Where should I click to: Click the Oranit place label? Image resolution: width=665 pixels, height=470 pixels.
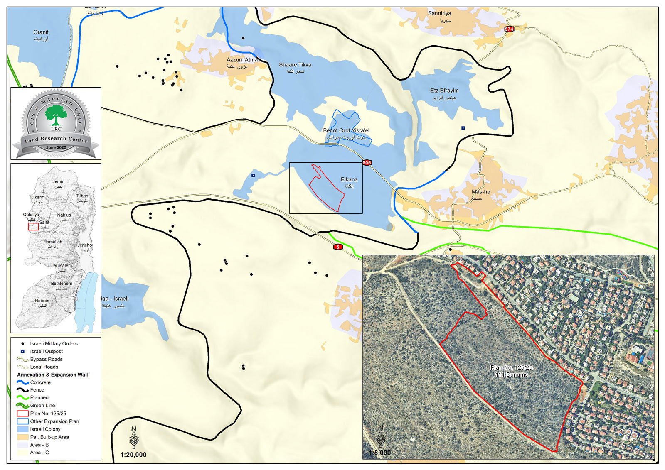[41, 32]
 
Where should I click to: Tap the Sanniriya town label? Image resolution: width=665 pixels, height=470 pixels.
[439, 13]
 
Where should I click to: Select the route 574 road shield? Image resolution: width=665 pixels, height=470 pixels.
[509, 29]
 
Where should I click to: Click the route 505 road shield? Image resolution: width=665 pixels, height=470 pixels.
[367, 163]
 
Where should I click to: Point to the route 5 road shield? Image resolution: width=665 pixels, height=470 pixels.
[338, 247]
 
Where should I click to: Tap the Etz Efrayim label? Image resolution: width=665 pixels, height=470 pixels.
[444, 91]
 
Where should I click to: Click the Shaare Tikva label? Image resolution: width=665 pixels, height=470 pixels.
[295, 65]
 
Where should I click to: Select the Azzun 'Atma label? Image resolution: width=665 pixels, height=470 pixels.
[242, 60]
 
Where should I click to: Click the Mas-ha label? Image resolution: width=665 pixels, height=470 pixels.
[481, 192]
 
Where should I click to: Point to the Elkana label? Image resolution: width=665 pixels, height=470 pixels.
[349, 180]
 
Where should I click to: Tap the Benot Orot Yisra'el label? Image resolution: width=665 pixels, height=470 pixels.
[346, 130]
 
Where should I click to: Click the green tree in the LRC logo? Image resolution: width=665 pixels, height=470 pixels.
[56, 115]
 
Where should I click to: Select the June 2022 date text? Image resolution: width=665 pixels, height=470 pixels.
[56, 147]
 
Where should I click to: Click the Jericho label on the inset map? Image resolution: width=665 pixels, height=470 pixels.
[85, 245]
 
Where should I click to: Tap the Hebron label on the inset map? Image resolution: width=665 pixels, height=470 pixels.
[42, 301]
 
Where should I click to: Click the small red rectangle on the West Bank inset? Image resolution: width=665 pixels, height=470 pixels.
[33, 227]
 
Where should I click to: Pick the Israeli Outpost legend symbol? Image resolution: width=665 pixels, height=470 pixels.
[22, 351]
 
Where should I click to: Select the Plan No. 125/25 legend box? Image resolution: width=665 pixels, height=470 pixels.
[22, 414]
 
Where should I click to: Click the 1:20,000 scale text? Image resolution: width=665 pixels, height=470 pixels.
[133, 455]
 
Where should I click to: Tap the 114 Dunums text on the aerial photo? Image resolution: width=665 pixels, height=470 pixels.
[511, 375]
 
